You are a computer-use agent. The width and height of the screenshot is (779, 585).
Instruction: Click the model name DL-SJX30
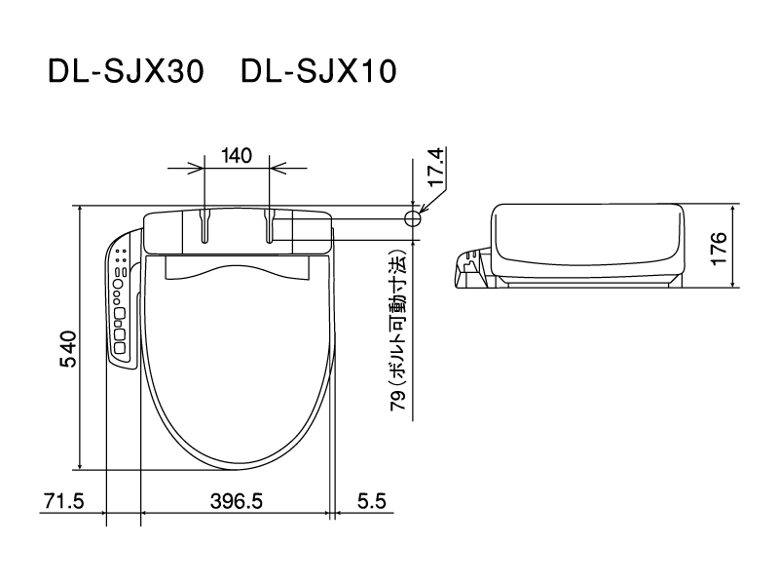(126, 71)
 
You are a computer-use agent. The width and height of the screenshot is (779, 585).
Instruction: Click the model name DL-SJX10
(318, 71)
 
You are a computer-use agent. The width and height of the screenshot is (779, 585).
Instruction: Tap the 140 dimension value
(237, 156)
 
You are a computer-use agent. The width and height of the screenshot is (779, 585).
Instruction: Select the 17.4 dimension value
(437, 167)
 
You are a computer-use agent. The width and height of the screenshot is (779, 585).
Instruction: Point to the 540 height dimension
(68, 349)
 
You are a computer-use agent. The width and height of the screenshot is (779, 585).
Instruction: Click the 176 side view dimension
(719, 249)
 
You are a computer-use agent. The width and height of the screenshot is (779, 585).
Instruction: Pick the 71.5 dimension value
(64, 501)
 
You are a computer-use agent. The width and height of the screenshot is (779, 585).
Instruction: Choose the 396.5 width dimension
(237, 501)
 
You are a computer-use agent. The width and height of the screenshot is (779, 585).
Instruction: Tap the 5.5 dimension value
(372, 501)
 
